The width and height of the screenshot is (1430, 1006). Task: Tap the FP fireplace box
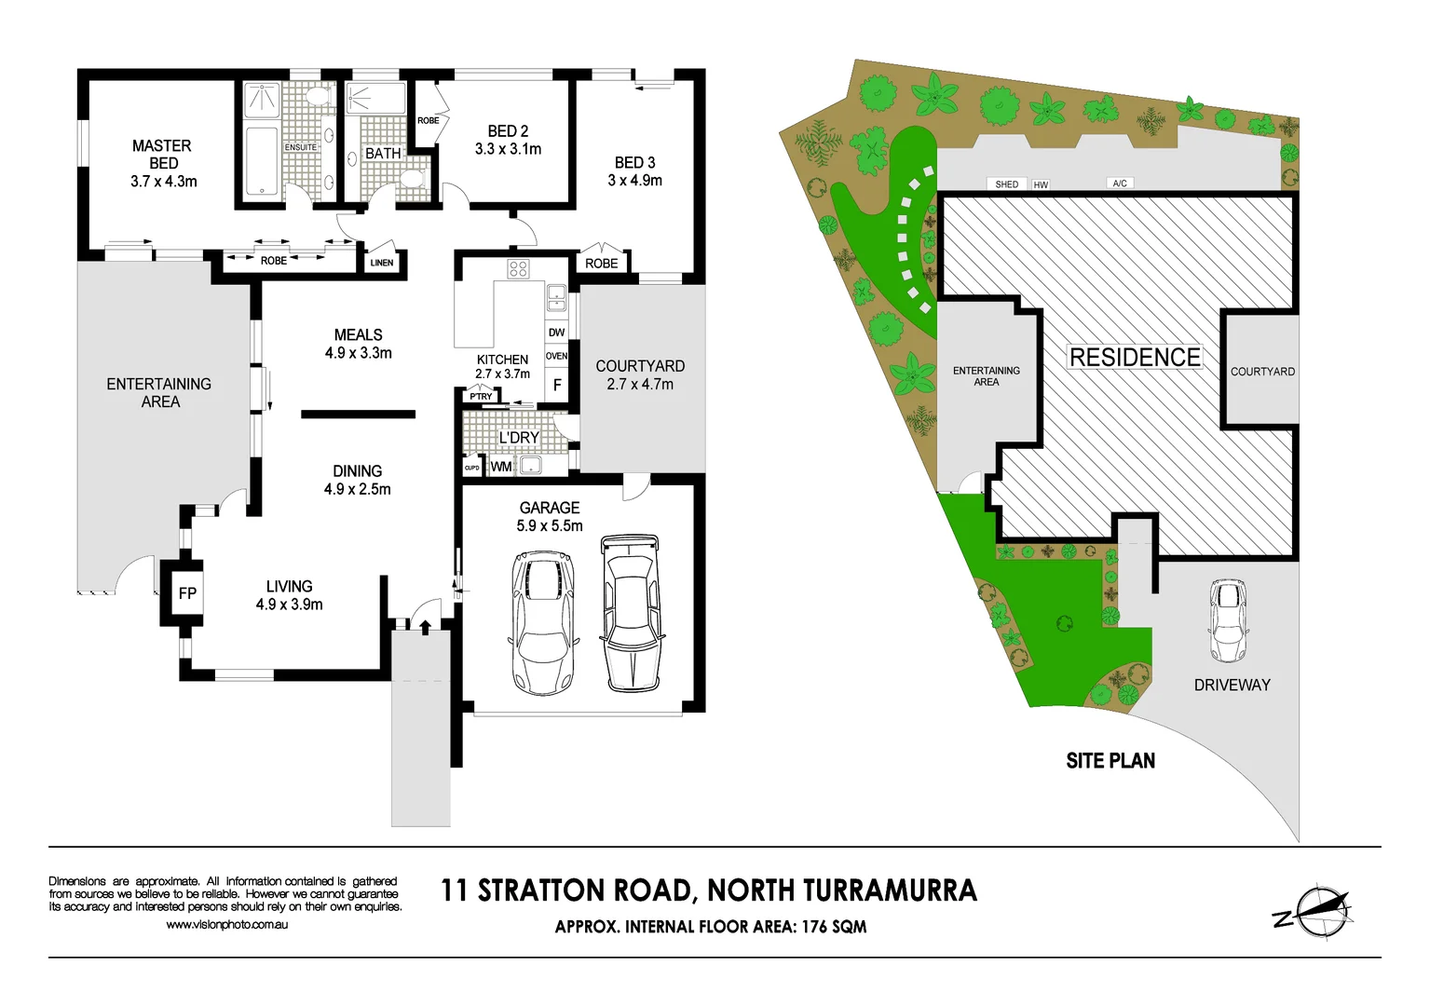187,593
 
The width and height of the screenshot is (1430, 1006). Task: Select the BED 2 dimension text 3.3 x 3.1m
508,149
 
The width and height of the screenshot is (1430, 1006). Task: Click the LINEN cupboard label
382,263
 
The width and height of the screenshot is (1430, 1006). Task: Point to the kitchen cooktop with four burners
518,270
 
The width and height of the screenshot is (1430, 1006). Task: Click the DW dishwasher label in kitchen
556,333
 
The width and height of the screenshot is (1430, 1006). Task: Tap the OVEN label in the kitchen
556,356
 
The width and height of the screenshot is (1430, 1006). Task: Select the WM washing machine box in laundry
501,467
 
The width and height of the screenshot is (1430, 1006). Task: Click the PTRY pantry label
481,397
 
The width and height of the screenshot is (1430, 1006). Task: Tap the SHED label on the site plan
1007,184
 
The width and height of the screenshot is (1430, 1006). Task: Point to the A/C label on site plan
1120,184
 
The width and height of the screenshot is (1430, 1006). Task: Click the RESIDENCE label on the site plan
1135,358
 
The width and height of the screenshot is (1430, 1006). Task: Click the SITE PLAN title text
1110,761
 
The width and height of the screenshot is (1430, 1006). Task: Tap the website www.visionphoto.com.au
226,925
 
